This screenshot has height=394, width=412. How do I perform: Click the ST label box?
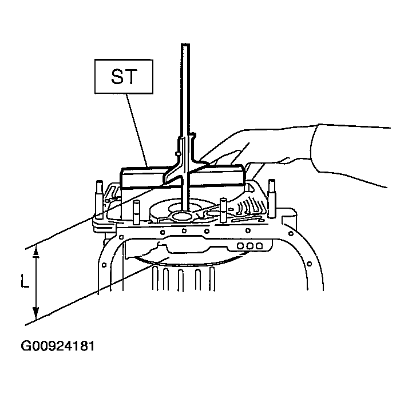124,77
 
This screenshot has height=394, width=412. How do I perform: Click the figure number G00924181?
58,346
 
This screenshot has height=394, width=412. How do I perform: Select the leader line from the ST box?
137,130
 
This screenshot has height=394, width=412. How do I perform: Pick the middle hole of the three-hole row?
249,246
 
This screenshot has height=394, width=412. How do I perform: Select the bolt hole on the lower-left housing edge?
104,265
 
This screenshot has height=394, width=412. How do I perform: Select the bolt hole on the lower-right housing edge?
309,264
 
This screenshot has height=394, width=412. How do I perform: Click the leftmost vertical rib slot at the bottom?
155,278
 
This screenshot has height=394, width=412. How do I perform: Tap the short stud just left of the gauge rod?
136,212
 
